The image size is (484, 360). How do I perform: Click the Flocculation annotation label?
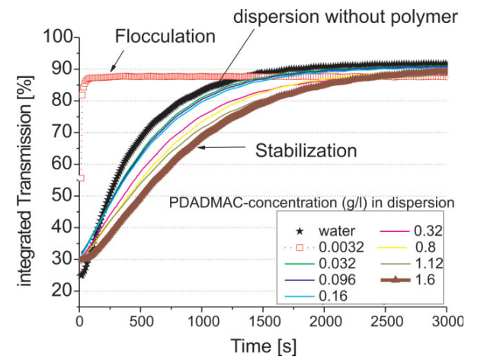pos(165,36)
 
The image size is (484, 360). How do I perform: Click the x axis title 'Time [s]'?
pos(264,345)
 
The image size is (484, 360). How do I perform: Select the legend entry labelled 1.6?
pos(423,280)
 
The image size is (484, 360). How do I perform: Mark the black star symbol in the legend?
pos(301,230)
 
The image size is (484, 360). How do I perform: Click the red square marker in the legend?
pos(301,247)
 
